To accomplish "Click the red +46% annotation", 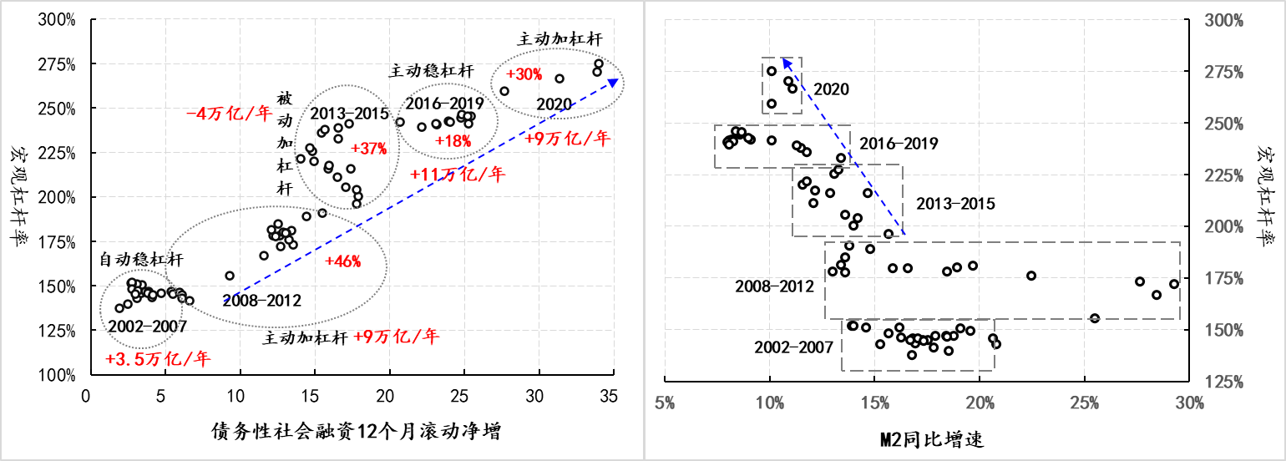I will coord(343,261).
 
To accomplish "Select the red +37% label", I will coord(369,149).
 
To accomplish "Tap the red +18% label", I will coord(453,140).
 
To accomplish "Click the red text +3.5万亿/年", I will coord(159,360).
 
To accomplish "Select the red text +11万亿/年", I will coord(458,175).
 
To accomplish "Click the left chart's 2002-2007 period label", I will coord(147,326).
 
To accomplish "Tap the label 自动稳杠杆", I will coord(142,261).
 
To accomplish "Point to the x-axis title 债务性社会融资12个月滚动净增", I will coord(357,432).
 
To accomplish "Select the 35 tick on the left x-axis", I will coord(614,396).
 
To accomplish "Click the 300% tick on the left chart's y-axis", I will coord(56,19).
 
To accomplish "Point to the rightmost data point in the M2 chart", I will coord(1173,284).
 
